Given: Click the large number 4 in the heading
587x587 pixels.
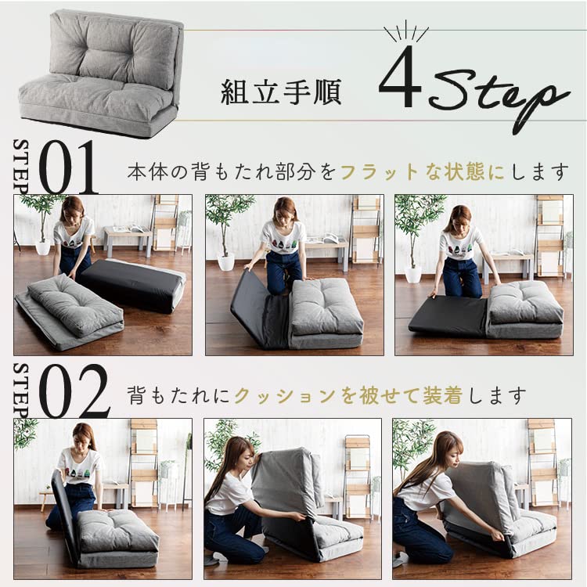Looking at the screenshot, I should point(400,77).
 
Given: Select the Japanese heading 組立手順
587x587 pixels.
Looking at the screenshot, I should point(281,92).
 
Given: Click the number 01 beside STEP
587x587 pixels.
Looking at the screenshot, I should point(68,167).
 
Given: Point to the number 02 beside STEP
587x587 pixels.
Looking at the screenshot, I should point(74,391).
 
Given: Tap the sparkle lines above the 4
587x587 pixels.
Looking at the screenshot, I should point(405,34).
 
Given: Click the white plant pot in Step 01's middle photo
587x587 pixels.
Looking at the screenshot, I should point(226,261).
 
